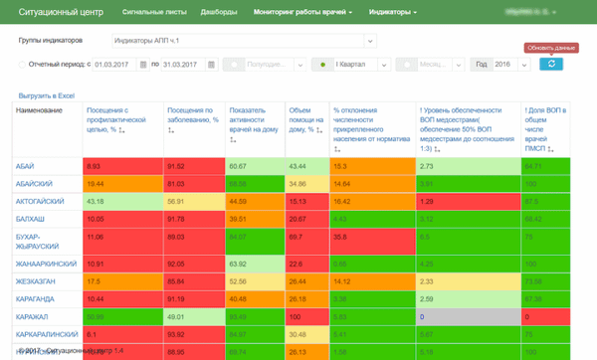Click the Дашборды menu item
click(218, 13)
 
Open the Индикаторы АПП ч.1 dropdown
click(243, 41)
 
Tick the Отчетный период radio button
click(23, 65)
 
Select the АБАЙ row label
click(28, 166)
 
